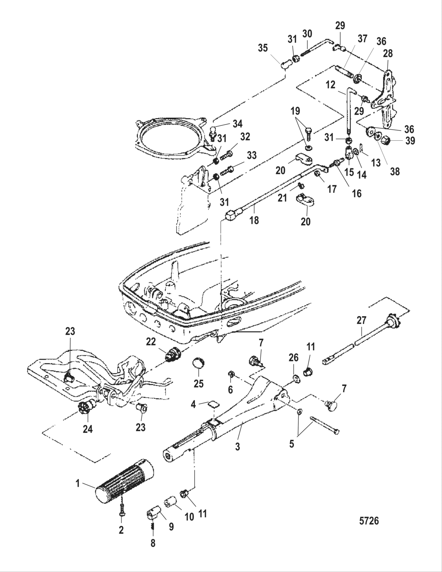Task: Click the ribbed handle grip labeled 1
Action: (124, 481)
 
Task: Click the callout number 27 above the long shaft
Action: (362, 309)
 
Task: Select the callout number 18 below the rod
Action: (254, 220)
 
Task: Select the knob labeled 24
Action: (85, 407)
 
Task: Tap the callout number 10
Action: (189, 516)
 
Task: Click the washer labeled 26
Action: (296, 379)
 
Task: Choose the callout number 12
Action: (330, 84)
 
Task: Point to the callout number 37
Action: (362, 39)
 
